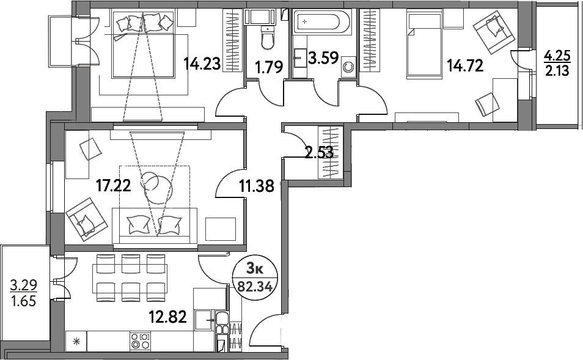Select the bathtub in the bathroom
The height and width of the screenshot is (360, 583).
[x=321, y=22]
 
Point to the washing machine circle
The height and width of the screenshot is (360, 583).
[x=348, y=67]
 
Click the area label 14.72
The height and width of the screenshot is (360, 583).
[x=465, y=66]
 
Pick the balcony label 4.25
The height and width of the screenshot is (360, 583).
[x=557, y=57]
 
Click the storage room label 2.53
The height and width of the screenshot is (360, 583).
[x=318, y=152]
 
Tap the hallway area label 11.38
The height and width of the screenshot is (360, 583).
[x=257, y=185]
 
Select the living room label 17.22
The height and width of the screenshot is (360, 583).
[x=114, y=185]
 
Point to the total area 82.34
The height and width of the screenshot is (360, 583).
[x=255, y=287]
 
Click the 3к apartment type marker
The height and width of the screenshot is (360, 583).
[x=255, y=268]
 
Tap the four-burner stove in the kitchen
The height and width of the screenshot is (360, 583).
[x=140, y=341]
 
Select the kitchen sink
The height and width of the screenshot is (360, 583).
[x=205, y=320]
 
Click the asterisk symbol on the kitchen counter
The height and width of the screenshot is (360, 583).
[x=76, y=341]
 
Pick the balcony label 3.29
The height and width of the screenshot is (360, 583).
[x=23, y=285]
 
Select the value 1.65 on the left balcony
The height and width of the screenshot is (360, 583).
[x=23, y=301]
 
